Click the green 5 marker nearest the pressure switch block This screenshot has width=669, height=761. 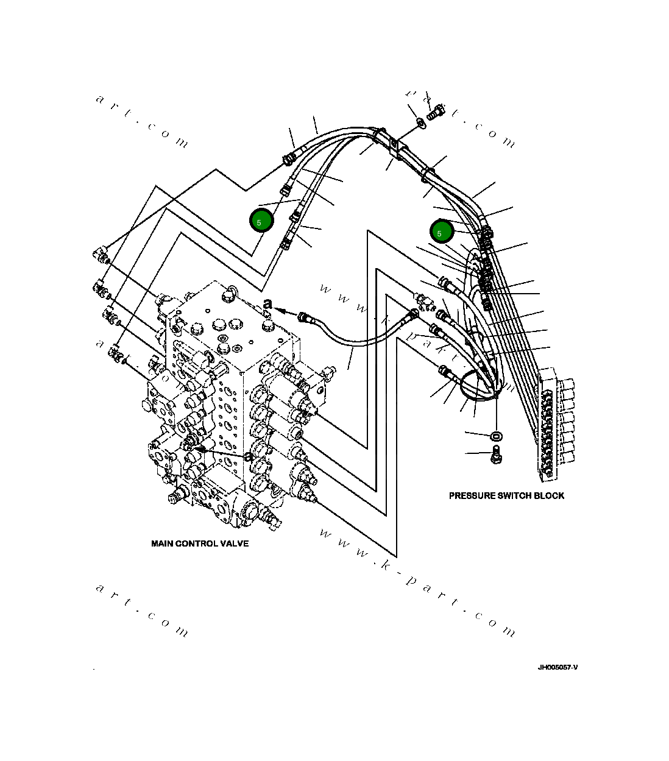click(x=441, y=232)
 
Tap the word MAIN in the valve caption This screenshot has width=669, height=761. click(x=162, y=543)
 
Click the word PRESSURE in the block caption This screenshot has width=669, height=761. click(x=472, y=496)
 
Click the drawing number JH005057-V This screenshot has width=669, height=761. click(x=557, y=667)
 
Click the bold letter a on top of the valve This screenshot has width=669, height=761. click(x=267, y=304)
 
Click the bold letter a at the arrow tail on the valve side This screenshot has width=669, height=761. click(x=248, y=456)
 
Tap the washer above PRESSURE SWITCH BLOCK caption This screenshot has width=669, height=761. click(x=496, y=436)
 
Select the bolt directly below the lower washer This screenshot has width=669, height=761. click(x=496, y=453)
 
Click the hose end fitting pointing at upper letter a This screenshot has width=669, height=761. click(x=303, y=316)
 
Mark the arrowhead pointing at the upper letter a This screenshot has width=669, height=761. click(x=281, y=310)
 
